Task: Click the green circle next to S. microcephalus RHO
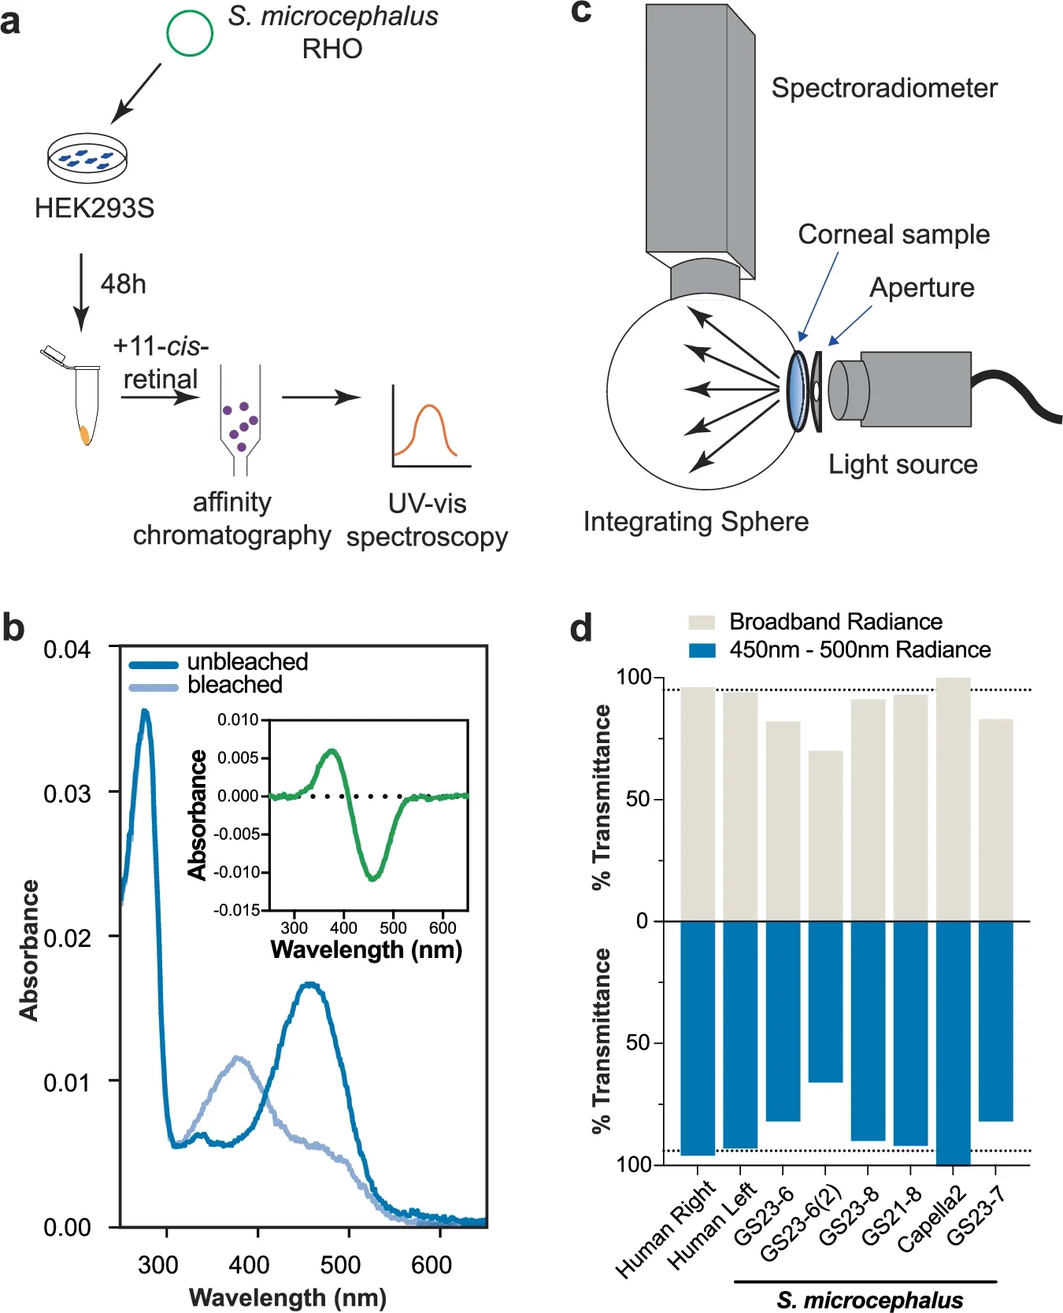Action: pyautogui.click(x=190, y=33)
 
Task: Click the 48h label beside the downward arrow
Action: pyautogui.click(x=124, y=284)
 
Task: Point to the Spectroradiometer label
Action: pyautogui.click(x=883, y=87)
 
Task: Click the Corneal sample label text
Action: pyautogui.click(x=893, y=235)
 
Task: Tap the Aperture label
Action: pyautogui.click(x=921, y=287)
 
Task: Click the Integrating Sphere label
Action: pyautogui.click(x=695, y=522)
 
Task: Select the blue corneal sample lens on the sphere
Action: pyautogui.click(x=798, y=390)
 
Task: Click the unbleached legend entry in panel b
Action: pyautogui.click(x=246, y=662)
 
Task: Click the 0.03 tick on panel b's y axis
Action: pyautogui.click(x=67, y=793)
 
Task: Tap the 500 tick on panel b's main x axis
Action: pyautogui.click(x=340, y=1265)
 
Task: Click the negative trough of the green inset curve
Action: pyautogui.click(x=373, y=875)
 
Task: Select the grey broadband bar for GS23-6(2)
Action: pyautogui.click(x=825, y=835)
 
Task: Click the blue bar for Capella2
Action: pyautogui.click(x=953, y=1042)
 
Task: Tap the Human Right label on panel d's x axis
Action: pyautogui.click(x=666, y=1228)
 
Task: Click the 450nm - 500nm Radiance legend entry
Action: pyautogui.click(x=859, y=650)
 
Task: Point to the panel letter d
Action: pyautogui.click(x=580, y=628)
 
